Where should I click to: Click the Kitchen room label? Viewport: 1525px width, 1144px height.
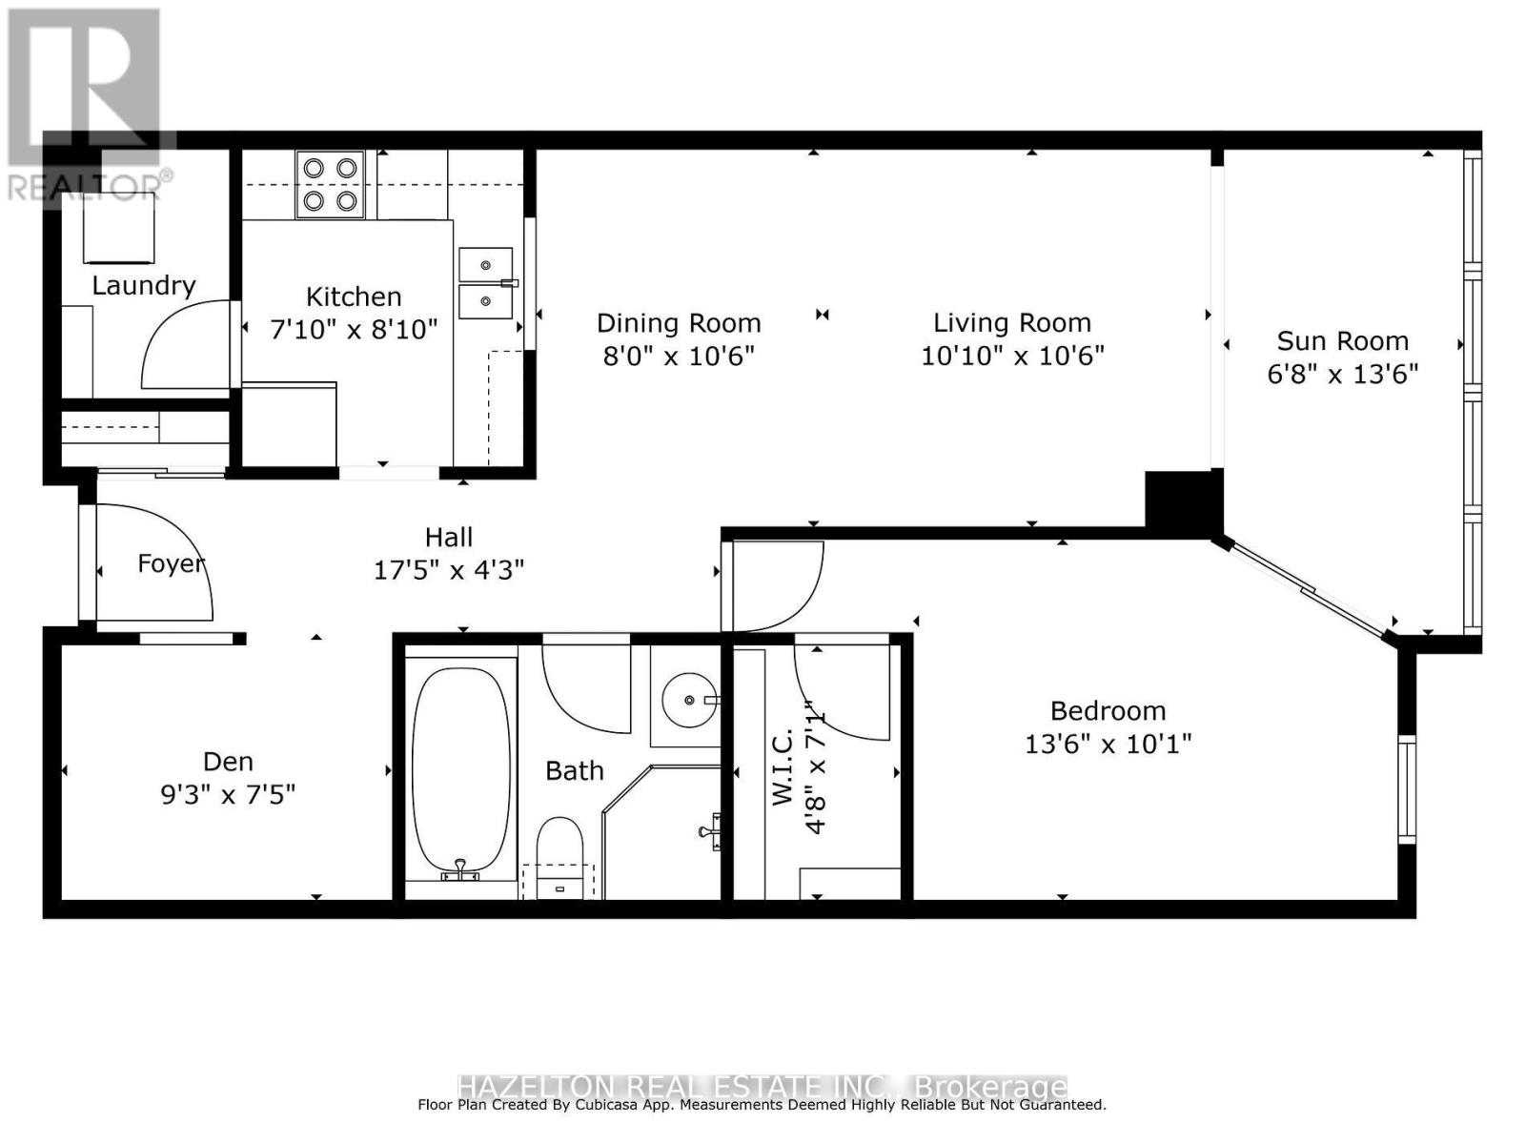tap(354, 296)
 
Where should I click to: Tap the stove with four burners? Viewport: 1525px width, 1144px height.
tap(330, 184)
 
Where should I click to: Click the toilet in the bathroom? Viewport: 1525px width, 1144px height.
tap(559, 853)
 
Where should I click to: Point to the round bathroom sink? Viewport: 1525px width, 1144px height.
tap(689, 701)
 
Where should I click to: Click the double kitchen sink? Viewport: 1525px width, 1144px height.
tap(486, 283)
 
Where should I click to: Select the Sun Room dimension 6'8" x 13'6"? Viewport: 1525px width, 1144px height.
tap(1342, 374)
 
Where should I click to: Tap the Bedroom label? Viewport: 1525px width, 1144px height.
tap(1108, 711)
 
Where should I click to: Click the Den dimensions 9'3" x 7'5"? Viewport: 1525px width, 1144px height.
tap(228, 794)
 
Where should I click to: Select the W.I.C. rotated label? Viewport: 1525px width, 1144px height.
tap(783, 767)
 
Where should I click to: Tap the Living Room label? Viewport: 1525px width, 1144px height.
tap(1011, 323)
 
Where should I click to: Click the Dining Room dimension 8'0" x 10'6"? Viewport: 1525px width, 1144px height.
tap(678, 356)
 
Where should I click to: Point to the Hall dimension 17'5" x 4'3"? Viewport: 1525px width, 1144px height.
tap(448, 570)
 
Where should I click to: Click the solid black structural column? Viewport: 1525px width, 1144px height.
tap(1183, 500)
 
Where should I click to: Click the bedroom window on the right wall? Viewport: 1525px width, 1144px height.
tap(1407, 788)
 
